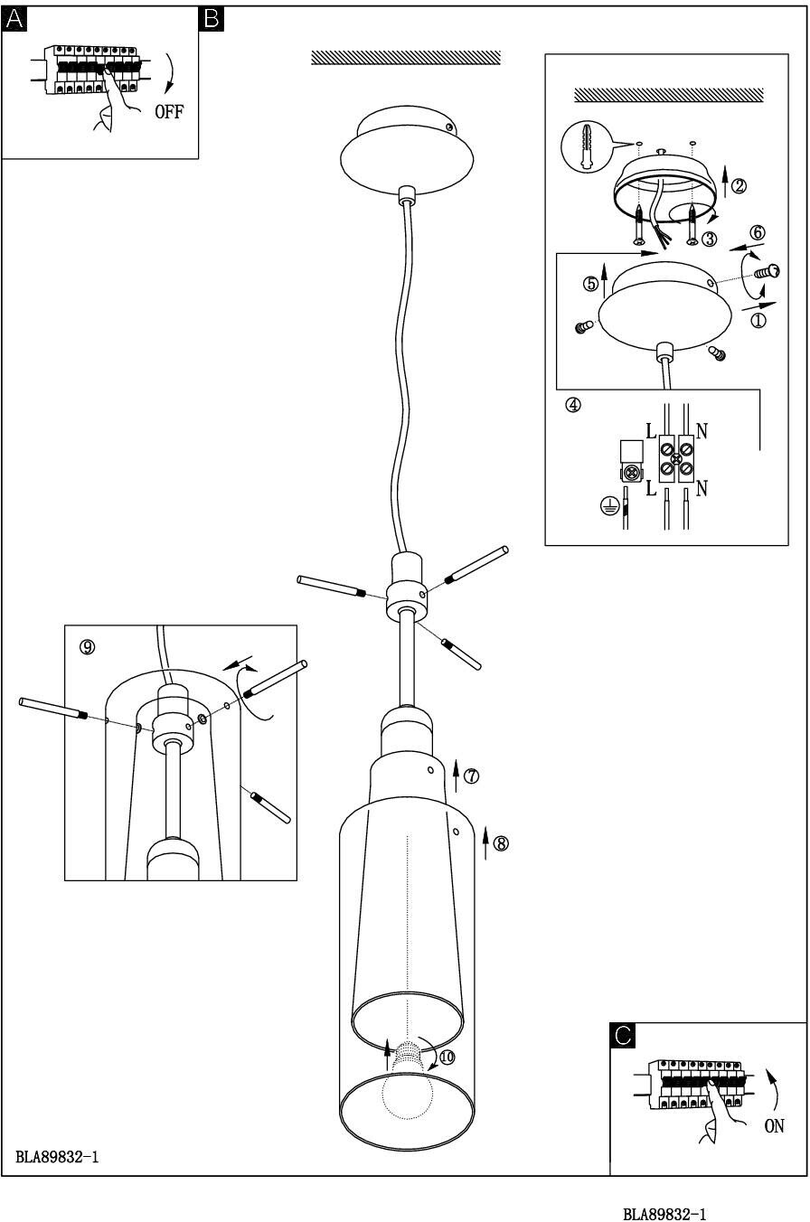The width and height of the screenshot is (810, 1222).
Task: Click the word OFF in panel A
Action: coord(169,113)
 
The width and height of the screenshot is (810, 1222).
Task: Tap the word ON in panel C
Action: coord(774,1126)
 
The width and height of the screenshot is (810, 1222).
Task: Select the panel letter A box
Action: coord(15,18)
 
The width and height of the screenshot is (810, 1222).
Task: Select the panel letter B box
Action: coord(211,18)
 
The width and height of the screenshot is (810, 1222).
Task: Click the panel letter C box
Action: coord(623,1036)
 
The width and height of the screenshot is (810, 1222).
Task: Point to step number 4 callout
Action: coord(573,405)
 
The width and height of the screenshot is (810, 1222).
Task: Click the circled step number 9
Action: coord(88,646)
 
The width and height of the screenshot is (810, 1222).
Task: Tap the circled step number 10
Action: coord(447,1056)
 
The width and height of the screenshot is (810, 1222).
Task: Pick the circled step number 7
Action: coord(471,775)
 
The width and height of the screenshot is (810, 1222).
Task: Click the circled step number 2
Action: coord(739,186)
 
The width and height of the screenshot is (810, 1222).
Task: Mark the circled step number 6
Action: coord(758,233)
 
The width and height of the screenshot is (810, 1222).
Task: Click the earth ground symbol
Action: coord(610,507)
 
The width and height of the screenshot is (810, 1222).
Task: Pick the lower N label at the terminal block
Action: coord(702,489)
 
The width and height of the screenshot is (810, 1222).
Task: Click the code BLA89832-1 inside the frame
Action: coord(57,1157)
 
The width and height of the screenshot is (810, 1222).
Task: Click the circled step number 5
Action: coord(591,284)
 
